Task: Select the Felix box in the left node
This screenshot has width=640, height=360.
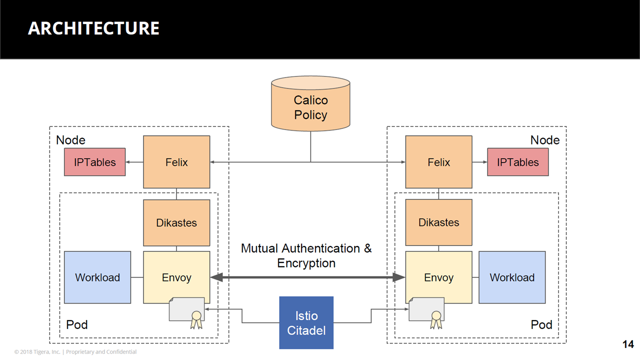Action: (176, 162)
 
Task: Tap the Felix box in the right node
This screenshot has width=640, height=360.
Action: (438, 162)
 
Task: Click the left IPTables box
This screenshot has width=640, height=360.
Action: (94, 162)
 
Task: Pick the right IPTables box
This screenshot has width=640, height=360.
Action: (517, 162)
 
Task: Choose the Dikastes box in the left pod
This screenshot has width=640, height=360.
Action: (176, 222)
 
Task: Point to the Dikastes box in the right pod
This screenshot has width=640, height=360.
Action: (438, 222)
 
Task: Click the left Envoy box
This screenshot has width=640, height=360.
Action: (176, 277)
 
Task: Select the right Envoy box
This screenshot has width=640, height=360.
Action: (438, 277)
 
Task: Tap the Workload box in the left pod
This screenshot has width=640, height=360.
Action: (97, 277)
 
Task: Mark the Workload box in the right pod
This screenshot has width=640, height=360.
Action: (512, 277)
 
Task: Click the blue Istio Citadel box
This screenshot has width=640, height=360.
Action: (306, 322)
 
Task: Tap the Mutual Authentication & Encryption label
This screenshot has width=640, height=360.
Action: (306, 255)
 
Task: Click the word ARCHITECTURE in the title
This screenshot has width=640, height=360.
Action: (93, 28)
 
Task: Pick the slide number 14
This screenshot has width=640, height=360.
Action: (628, 344)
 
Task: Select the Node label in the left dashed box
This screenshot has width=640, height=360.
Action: (70, 140)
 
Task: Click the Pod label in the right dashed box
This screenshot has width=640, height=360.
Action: (541, 325)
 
